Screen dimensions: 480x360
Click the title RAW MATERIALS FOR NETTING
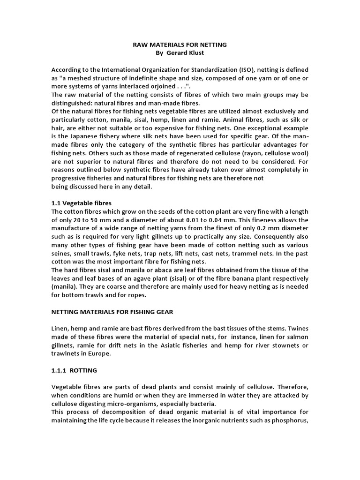178,45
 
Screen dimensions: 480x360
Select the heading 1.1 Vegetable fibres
82,203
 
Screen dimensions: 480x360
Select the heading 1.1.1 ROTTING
74,371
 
